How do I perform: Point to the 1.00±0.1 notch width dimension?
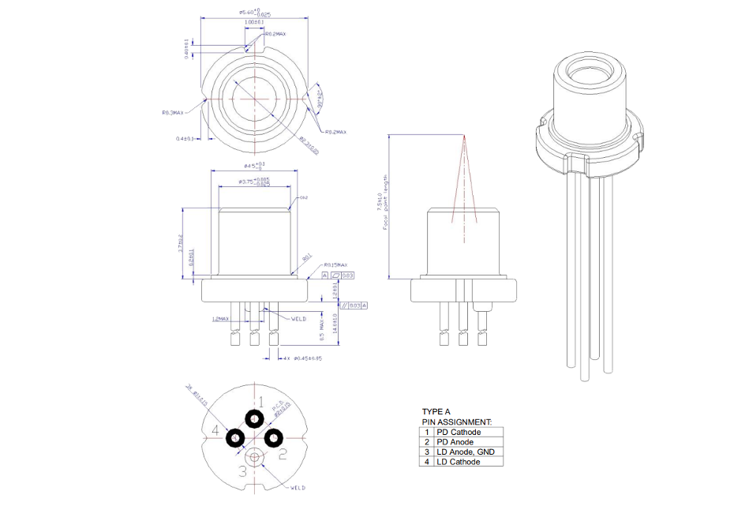(253, 23)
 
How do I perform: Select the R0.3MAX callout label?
(173, 113)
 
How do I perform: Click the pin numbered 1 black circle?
(254, 419)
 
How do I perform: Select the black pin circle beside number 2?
(274, 437)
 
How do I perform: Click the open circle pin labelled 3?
(254, 456)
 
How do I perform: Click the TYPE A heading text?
(436, 412)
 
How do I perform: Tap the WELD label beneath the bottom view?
(298, 488)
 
